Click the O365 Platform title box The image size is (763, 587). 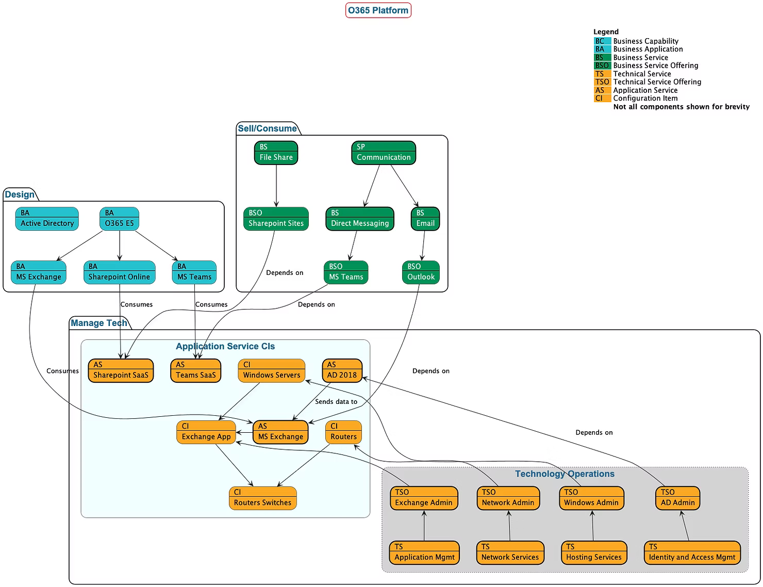[x=378, y=10]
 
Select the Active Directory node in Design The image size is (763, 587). [x=47, y=219]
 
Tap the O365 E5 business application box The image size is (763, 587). [x=119, y=219]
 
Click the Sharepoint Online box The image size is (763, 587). [x=119, y=272]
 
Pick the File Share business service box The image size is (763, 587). [x=276, y=153]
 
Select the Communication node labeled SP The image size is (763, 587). [x=384, y=153]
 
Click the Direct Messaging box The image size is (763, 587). [x=359, y=219]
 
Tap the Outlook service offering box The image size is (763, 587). [x=421, y=272]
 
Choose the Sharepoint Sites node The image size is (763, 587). [x=276, y=219]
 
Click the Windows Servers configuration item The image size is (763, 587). [x=271, y=370]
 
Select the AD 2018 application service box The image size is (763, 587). [x=342, y=370]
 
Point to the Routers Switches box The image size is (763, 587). [x=262, y=498]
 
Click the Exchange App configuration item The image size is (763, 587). [x=206, y=432]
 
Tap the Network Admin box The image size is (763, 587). [x=508, y=498]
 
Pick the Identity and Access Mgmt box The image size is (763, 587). [x=692, y=552]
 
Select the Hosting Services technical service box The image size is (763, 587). [x=593, y=552]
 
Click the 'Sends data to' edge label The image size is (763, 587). [x=336, y=402]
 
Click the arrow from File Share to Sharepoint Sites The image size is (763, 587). [x=276, y=186]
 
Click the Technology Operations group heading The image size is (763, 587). [x=565, y=474]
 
